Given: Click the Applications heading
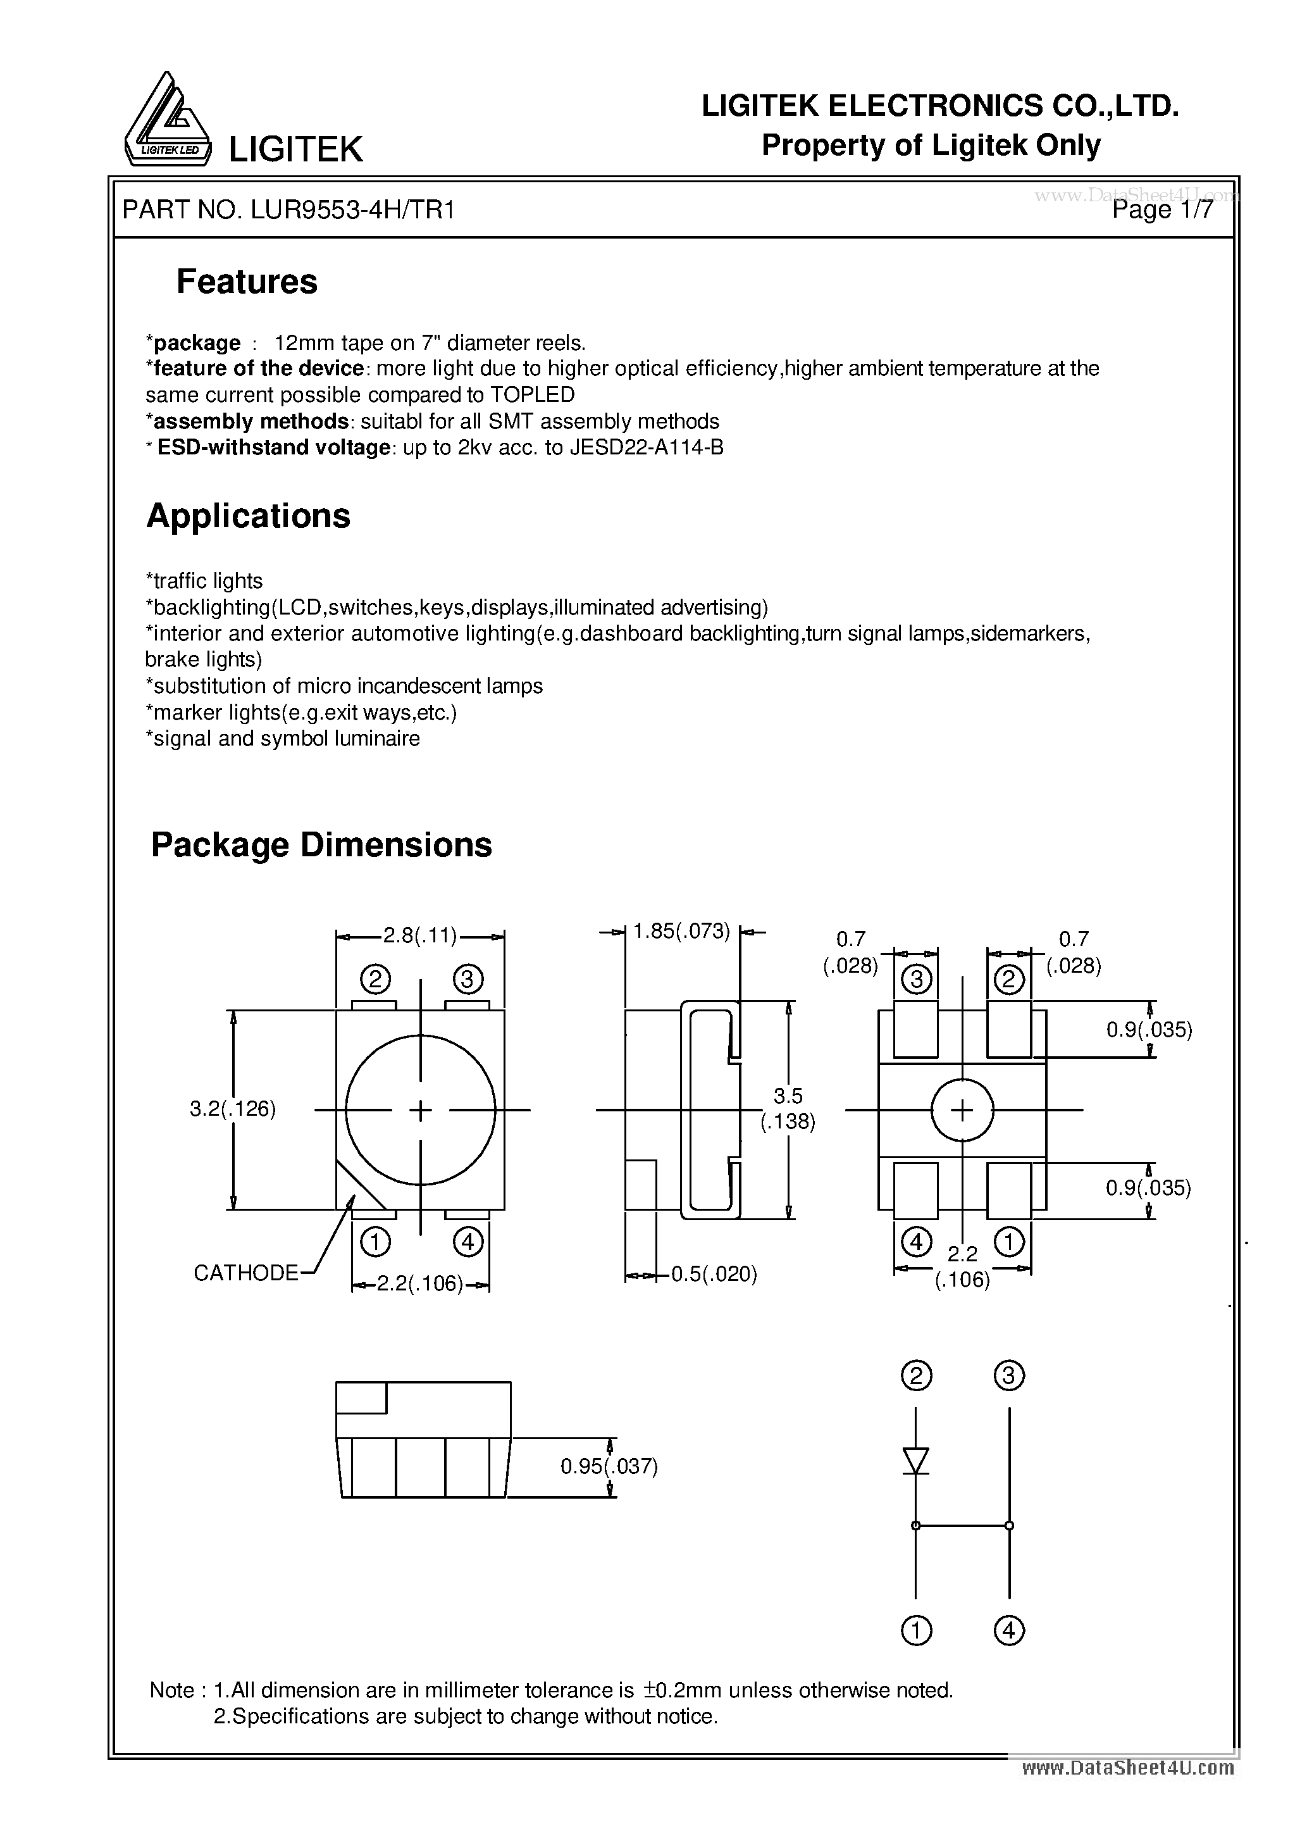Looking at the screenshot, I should [248, 516].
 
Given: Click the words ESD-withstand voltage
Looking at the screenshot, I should [274, 447].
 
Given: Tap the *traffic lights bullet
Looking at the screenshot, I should [204, 581].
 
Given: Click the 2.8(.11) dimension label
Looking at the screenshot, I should [419, 935].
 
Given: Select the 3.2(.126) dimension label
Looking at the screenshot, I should [233, 1109].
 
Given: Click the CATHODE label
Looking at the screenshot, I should [245, 1273].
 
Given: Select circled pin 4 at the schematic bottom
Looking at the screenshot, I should [1009, 1631].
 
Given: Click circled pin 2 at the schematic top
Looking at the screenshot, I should [916, 1375].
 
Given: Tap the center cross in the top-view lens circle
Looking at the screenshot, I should [420, 1111].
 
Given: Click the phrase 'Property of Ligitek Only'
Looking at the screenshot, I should [931, 146].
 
